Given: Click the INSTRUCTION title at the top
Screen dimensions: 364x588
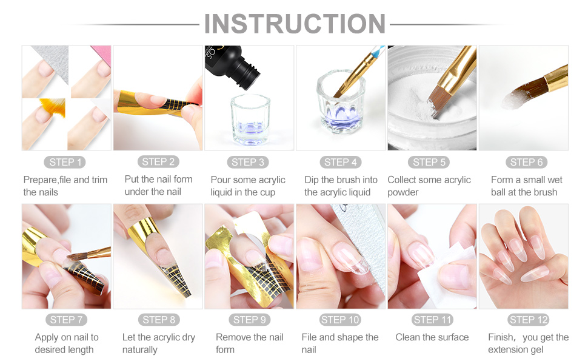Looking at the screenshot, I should (295, 24).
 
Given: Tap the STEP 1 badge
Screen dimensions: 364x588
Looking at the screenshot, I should (66, 162).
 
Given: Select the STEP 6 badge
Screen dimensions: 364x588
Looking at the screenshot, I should (522, 162).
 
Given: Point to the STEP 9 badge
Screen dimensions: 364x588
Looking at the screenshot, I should (249, 320).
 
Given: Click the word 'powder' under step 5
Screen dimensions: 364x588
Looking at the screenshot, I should (403, 192).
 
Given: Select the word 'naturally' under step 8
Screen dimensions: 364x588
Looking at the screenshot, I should (139, 350).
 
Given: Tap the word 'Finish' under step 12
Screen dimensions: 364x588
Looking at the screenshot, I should (503, 337).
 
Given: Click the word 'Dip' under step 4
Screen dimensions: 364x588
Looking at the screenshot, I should (312, 180).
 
